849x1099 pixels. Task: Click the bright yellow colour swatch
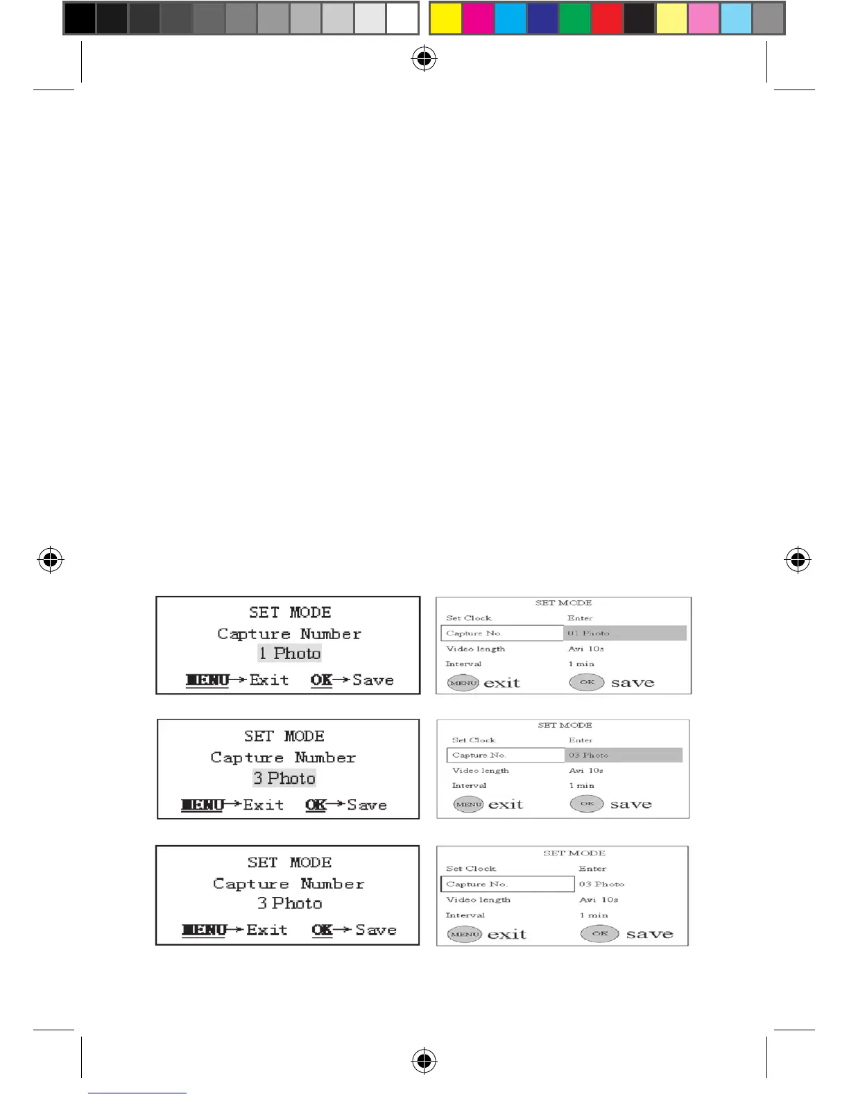coord(445,19)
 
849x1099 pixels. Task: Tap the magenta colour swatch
coord(478,19)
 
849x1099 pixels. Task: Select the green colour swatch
coord(575,19)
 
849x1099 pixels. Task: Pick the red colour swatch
coord(607,19)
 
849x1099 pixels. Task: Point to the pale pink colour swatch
coord(704,19)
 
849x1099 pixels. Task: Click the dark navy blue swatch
coord(542,19)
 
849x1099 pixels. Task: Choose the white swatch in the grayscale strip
coord(402,19)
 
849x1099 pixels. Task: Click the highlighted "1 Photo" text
coord(290,653)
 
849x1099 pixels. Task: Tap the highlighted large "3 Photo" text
coord(284,778)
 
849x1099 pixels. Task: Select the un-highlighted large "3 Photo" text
coord(290,903)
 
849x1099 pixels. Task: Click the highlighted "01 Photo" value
coord(588,633)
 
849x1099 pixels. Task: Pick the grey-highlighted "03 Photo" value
coord(588,755)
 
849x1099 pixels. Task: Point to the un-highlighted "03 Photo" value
coord(601,884)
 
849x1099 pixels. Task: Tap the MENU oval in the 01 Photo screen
coord(463,683)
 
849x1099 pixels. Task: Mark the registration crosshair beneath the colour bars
coord(424,60)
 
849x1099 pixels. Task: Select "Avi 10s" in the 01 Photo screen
coord(586,649)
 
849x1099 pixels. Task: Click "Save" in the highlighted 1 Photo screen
coord(373,680)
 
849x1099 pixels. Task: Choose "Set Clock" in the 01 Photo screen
coord(469,617)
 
